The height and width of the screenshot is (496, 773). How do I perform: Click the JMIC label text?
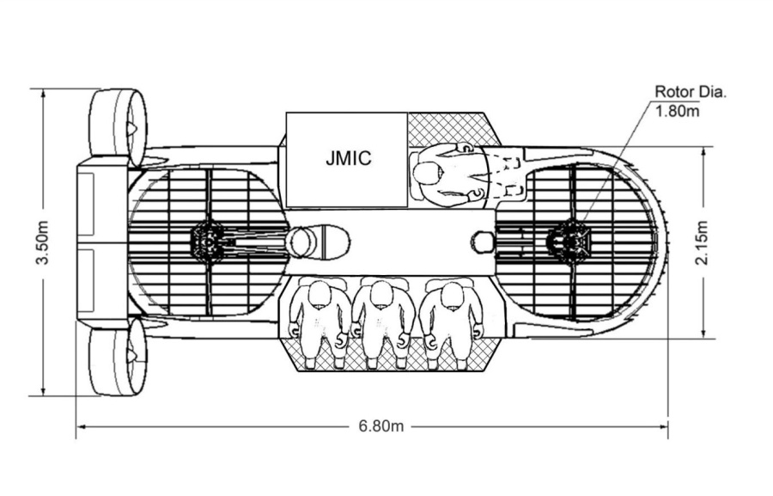pyautogui.click(x=349, y=158)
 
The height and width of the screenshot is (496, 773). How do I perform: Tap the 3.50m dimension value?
pyautogui.click(x=43, y=243)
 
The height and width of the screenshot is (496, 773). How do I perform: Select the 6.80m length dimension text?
pyautogui.click(x=380, y=426)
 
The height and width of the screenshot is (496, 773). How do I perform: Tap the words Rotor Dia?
pyautogui.click(x=691, y=92)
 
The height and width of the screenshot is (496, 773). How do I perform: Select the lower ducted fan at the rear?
pyautogui.click(x=118, y=362)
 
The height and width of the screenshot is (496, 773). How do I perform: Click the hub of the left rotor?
pyautogui.click(x=207, y=242)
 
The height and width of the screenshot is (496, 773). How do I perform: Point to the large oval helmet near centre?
pyautogui.click(x=318, y=242)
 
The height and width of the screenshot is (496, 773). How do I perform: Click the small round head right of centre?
pyautogui.click(x=484, y=242)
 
